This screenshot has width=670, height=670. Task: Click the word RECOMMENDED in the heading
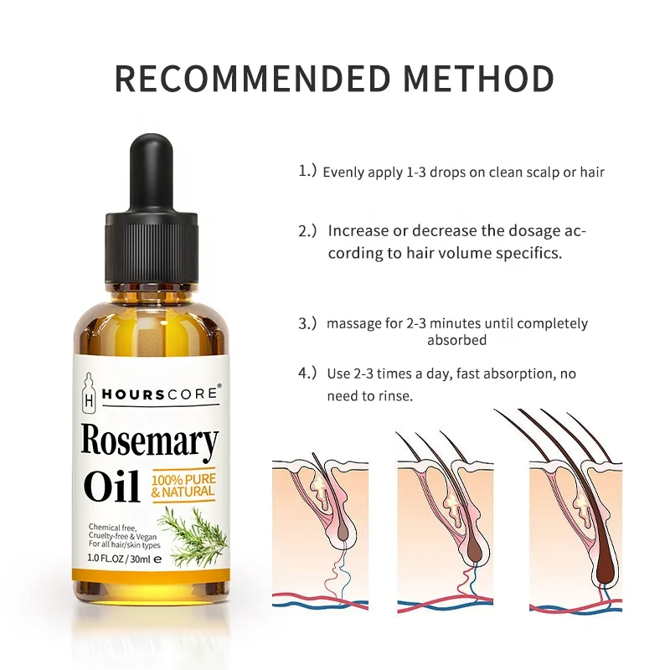click(252, 78)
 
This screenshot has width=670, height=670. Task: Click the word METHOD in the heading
click(478, 78)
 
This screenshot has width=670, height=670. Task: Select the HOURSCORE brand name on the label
click(160, 391)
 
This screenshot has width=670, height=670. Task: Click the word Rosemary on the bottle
click(150, 441)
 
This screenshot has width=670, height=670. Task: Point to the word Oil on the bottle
click(111, 487)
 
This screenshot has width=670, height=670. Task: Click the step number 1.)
click(307, 172)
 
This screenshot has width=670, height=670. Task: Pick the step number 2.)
click(307, 229)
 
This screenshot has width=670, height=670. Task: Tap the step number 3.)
click(307, 322)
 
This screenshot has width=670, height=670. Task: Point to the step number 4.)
click(307, 374)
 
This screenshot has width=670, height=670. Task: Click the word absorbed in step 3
click(457, 340)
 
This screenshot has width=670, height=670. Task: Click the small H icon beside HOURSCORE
click(90, 394)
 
